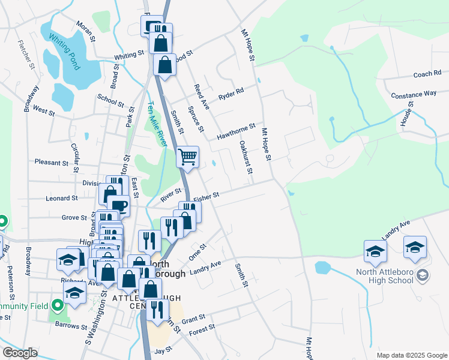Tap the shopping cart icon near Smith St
pos(188,157)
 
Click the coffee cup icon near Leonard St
pos(118,206)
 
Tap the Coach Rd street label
pos(427,74)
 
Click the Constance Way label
pos(414,94)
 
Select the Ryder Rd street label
pos(231,94)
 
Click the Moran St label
pos(86,31)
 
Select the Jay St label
pos(164,349)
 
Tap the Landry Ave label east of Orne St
pos(205,268)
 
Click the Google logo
pos(20,353)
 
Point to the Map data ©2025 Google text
pos(412,355)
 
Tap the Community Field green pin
pos(58,305)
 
